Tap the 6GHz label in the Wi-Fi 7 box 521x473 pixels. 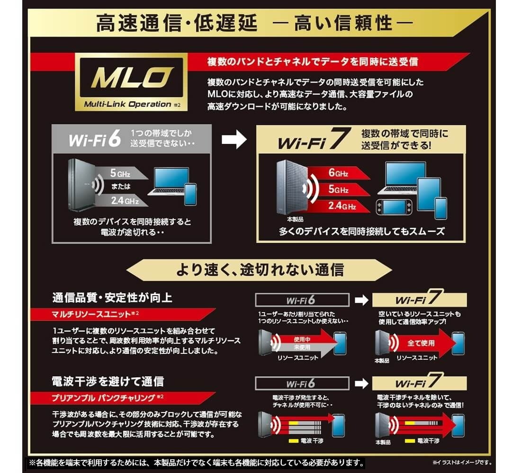pos(338,173)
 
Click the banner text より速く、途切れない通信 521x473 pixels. pos(260,270)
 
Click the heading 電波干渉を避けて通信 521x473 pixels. pos(108,381)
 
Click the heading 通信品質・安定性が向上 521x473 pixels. pos(112,298)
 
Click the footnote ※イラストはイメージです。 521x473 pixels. pos(462,462)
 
